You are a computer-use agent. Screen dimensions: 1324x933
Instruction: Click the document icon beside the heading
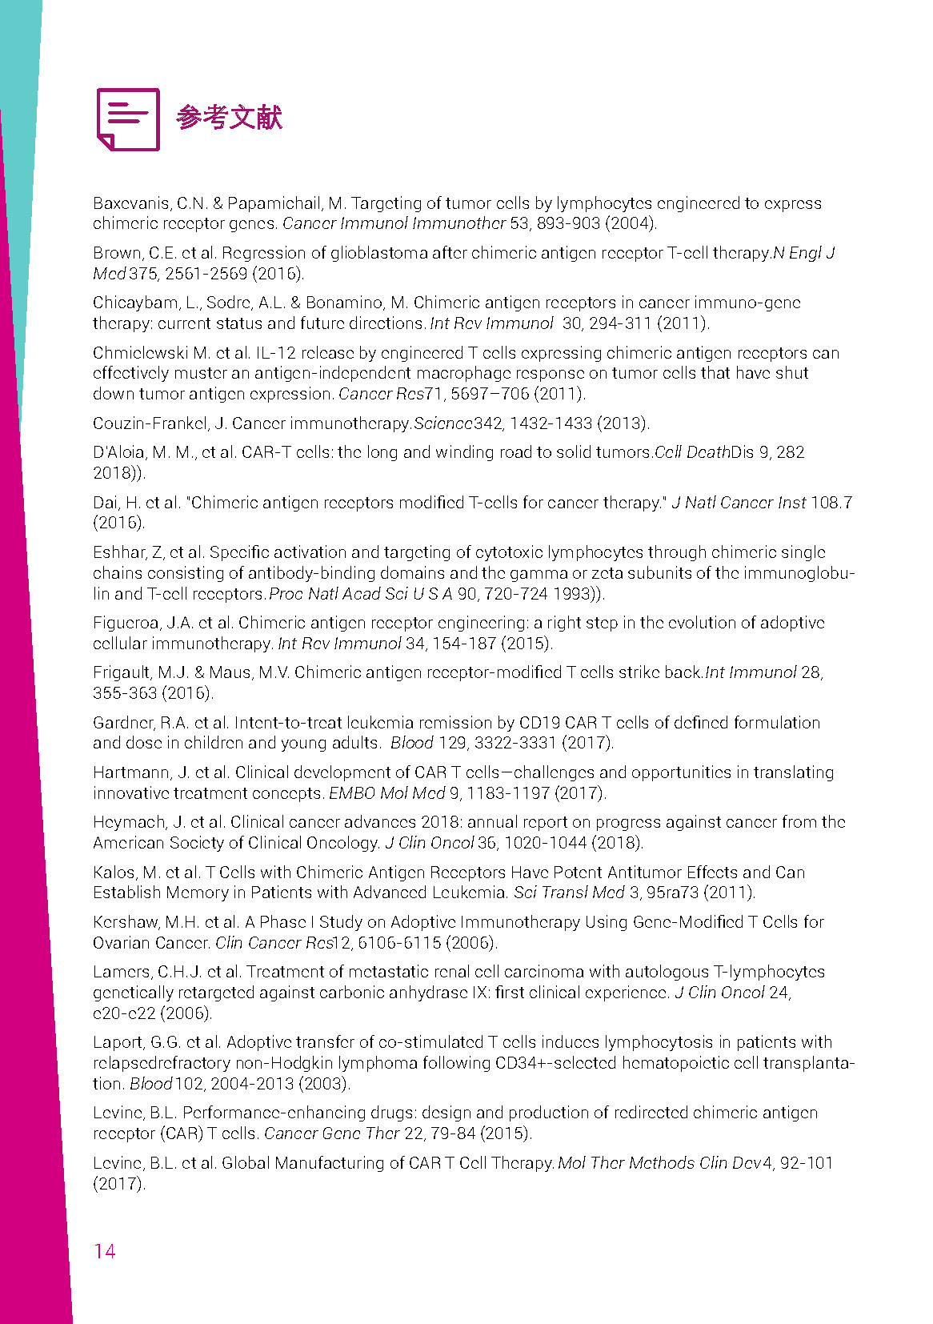[128, 119]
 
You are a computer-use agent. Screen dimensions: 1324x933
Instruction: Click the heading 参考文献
[230, 118]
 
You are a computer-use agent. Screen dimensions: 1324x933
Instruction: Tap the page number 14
[105, 1251]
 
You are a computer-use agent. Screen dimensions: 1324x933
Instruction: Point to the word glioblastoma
[369, 253]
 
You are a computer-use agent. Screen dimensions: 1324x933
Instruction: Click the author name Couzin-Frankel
[150, 423]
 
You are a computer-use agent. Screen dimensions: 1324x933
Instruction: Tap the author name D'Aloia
[118, 452]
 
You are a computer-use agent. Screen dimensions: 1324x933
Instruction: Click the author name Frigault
[121, 672]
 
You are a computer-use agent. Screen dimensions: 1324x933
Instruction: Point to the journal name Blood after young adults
[411, 743]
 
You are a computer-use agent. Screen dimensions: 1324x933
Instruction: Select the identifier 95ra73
[672, 893]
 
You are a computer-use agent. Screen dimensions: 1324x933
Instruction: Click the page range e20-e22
[124, 1013]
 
